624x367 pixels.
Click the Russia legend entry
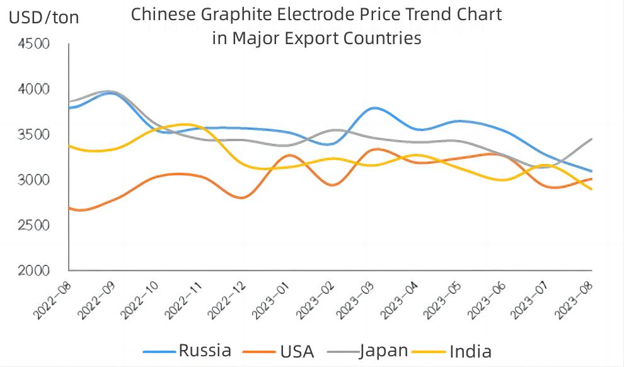(x=205, y=351)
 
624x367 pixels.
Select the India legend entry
(x=470, y=351)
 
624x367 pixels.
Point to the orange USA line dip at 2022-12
(x=242, y=198)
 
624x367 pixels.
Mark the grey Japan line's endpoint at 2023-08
(x=591, y=139)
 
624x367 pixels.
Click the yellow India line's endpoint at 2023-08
(x=591, y=189)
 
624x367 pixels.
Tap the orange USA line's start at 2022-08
(x=69, y=207)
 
